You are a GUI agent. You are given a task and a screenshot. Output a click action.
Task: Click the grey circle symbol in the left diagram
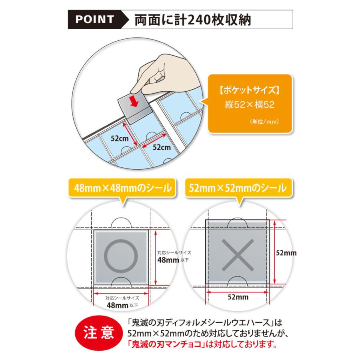coord(122,255)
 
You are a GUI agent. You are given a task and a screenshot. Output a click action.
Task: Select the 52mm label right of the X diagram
coord(286,253)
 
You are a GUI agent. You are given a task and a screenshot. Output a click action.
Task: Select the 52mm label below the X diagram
coord(238,297)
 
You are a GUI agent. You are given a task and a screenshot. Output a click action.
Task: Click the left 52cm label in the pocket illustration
coord(120,138)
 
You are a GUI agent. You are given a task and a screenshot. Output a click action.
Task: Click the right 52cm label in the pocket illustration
coord(162,147)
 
